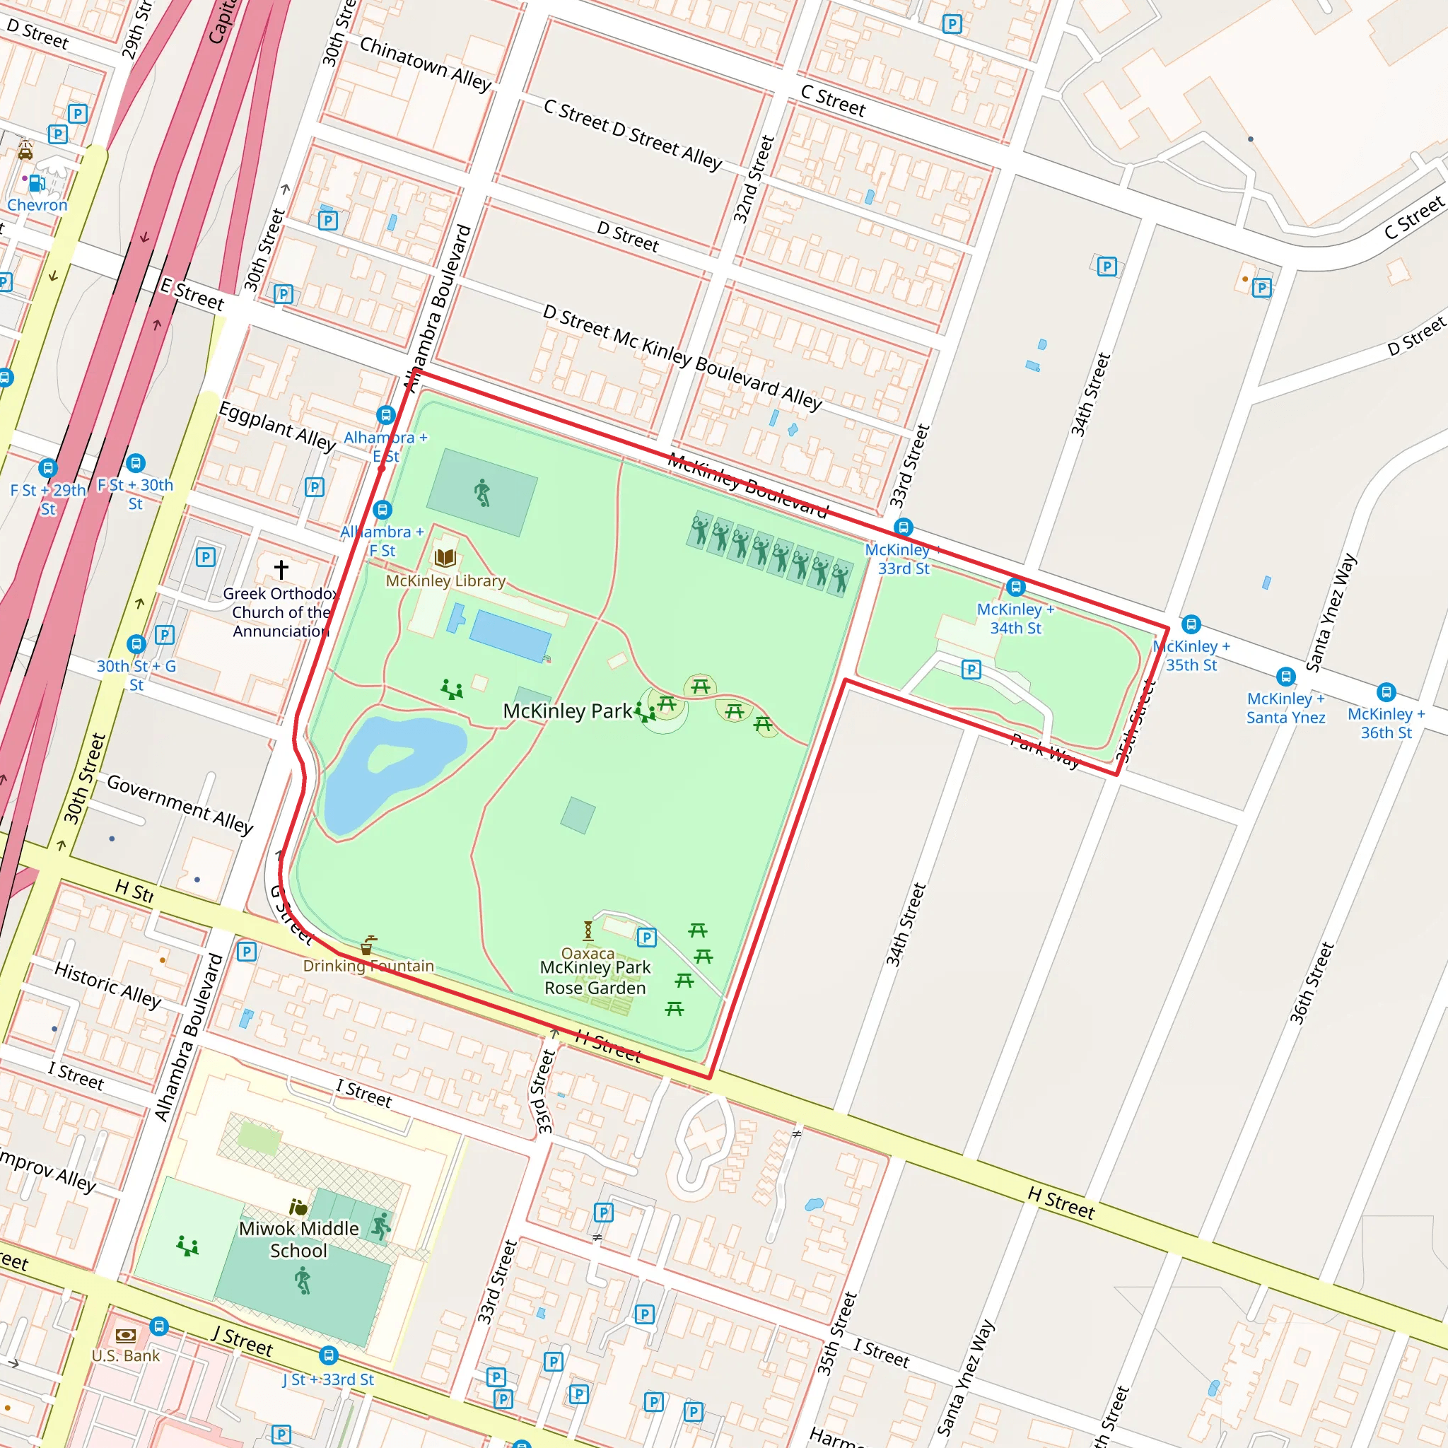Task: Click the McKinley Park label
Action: pyautogui.click(x=566, y=711)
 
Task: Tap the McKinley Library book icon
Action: pyautogui.click(x=445, y=558)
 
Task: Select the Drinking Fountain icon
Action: pyautogui.click(x=367, y=945)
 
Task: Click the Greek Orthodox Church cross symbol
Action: pyautogui.click(x=281, y=570)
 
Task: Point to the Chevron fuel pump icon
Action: pyautogui.click(x=36, y=182)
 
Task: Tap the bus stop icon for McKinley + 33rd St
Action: pyautogui.click(x=904, y=527)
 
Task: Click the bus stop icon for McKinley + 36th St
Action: pyautogui.click(x=1386, y=691)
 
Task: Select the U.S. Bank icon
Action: pyautogui.click(x=125, y=1335)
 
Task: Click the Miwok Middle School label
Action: pyautogui.click(x=298, y=1239)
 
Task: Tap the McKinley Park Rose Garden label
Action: pyautogui.click(x=595, y=977)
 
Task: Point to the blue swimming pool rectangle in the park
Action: pyautogui.click(x=510, y=636)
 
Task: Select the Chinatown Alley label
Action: pyautogui.click(x=425, y=64)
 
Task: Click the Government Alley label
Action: pyautogui.click(x=180, y=804)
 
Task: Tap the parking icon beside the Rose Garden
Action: pyautogui.click(x=646, y=938)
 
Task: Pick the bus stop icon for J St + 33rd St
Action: pyautogui.click(x=328, y=1355)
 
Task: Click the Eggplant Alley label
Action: pyautogui.click(x=276, y=426)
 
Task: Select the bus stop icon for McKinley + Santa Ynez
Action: pyautogui.click(x=1286, y=676)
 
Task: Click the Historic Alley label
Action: pyautogui.click(x=108, y=985)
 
